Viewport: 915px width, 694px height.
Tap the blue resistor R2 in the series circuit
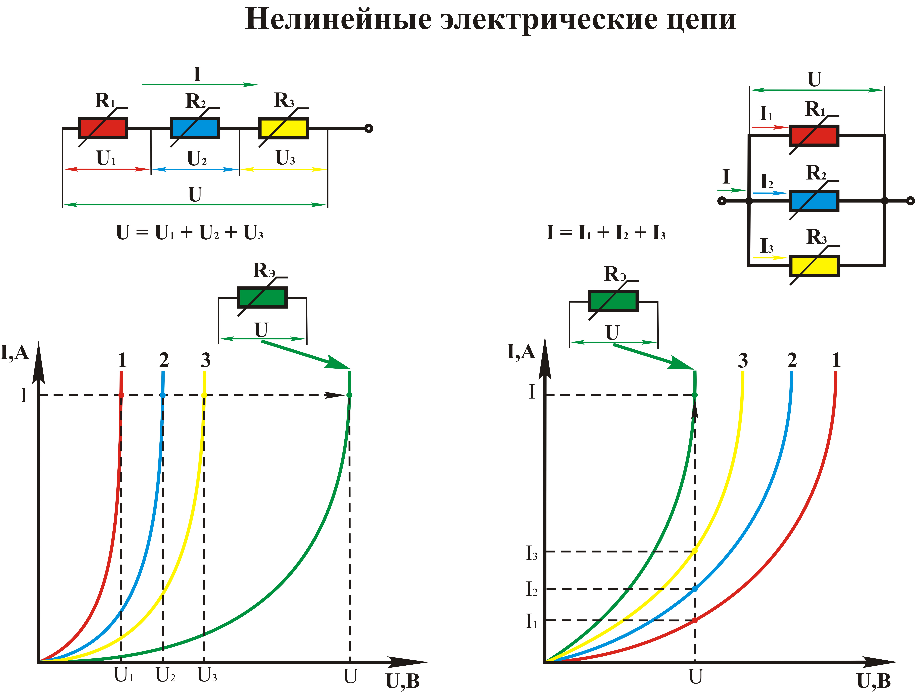[195, 128]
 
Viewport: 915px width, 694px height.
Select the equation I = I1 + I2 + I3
[606, 233]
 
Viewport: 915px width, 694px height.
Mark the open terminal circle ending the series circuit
[369, 128]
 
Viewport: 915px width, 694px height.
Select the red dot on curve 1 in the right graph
[695, 620]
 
